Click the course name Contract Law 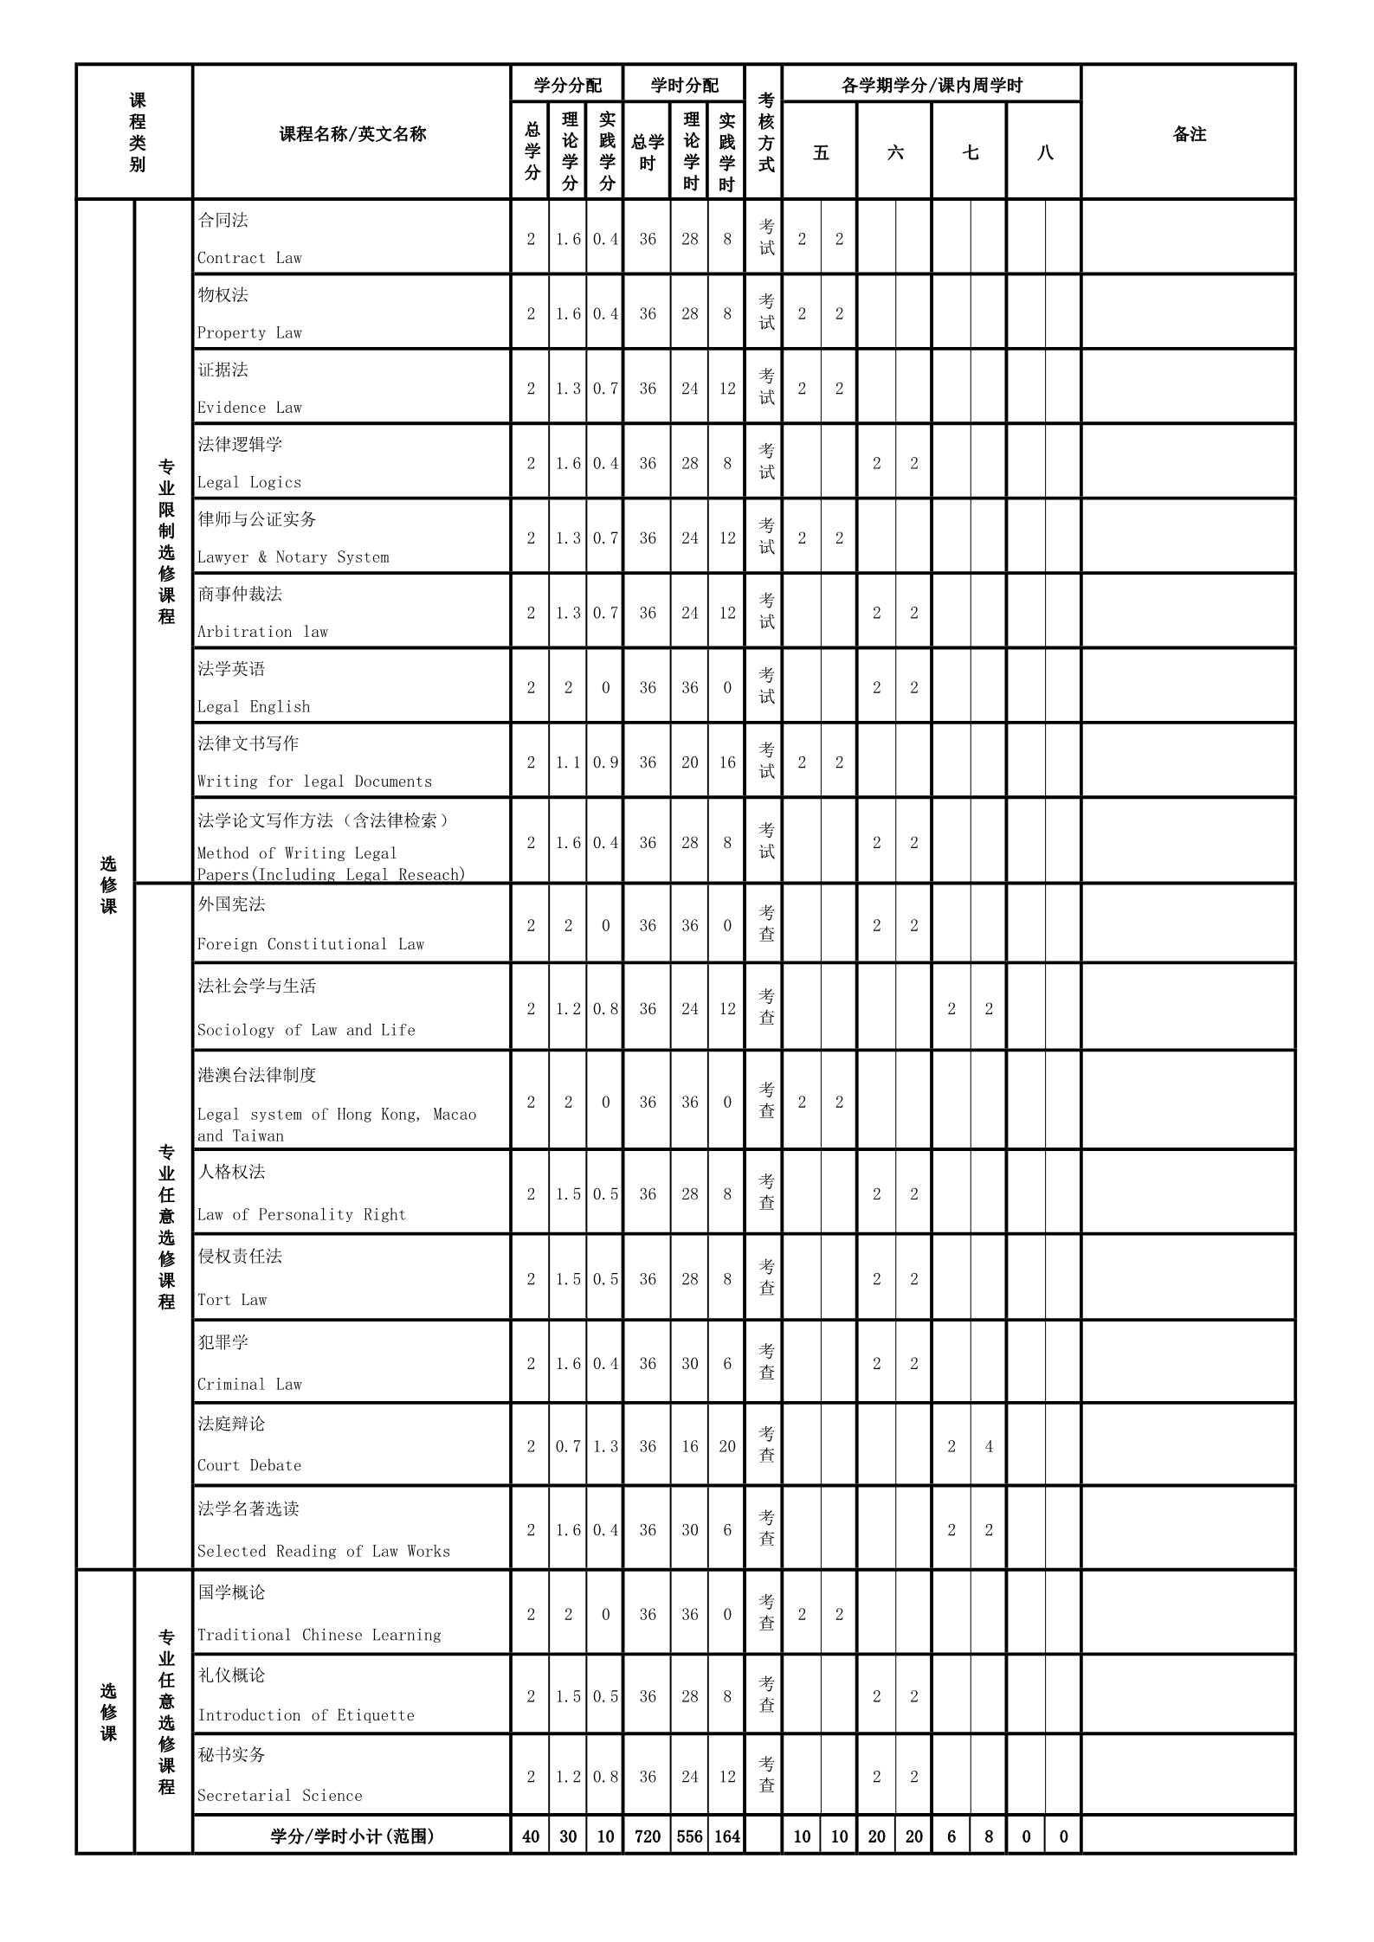click(x=249, y=258)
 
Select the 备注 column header click(x=1189, y=134)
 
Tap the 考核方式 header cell click(x=765, y=132)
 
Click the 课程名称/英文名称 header click(x=352, y=134)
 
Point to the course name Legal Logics click(x=249, y=482)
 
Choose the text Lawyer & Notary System click(x=293, y=557)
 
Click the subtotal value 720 click(x=648, y=1836)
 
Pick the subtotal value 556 click(x=689, y=1836)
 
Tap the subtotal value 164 click(x=727, y=1836)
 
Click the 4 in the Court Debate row click(x=989, y=1447)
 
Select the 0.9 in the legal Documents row click(x=605, y=762)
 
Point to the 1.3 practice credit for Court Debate click(x=605, y=1447)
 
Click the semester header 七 click(x=971, y=153)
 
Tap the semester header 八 click(x=1045, y=153)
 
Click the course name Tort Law click(x=232, y=1300)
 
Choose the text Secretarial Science click(x=280, y=1796)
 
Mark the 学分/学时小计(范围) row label click(x=352, y=1836)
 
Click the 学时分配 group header click(x=684, y=85)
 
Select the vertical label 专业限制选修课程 click(x=166, y=542)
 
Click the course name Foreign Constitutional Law click(x=311, y=944)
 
